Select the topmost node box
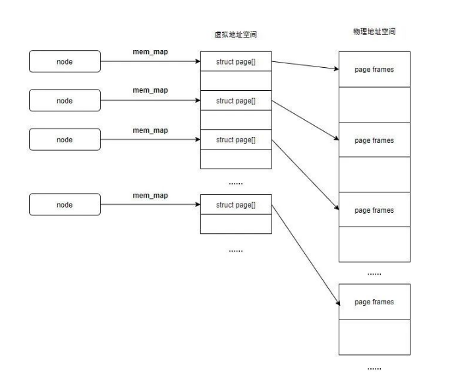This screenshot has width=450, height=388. [65, 62]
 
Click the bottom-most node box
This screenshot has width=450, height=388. [65, 205]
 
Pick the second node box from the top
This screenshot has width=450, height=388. [65, 101]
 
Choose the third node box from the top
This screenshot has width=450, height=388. [65, 140]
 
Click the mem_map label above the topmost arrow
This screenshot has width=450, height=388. [150, 52]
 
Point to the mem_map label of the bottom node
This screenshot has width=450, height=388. [150, 196]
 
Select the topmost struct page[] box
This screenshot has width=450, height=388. [235, 62]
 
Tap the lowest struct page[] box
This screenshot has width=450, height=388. [235, 205]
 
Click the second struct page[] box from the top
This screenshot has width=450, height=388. [235, 101]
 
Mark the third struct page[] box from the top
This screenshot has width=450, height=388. [235, 140]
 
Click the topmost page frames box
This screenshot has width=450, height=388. [374, 69]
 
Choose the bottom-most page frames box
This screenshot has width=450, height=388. [374, 302]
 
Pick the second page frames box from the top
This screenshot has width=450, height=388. [374, 140]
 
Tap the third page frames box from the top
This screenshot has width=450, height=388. [374, 210]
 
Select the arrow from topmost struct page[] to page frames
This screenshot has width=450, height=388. [304, 65]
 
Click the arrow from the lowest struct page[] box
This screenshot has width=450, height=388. [304, 254]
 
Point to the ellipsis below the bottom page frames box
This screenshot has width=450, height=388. [374, 368]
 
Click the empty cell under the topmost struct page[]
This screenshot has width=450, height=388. [235, 81]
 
